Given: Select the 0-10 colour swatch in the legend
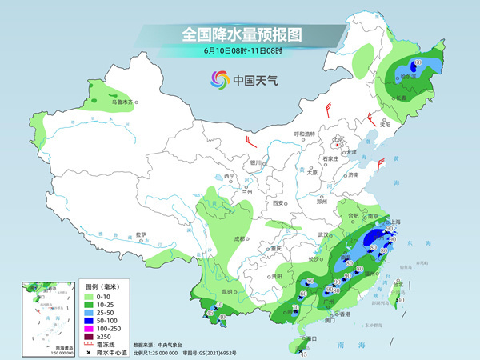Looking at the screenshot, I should point(90,296).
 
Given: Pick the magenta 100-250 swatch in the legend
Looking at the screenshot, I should point(90,328).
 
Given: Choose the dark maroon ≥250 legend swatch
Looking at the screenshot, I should point(90,336).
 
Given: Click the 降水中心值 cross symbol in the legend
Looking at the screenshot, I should point(90,352).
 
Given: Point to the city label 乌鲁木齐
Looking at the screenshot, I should point(121,102).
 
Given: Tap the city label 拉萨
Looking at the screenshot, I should point(142,234).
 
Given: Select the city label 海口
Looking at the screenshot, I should point(310,338).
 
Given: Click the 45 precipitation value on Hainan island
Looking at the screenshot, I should point(303,354).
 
